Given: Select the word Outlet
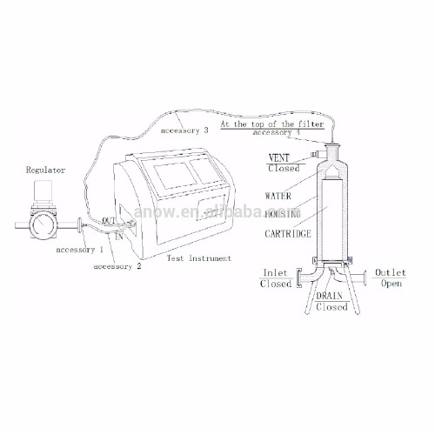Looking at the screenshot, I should (389, 273).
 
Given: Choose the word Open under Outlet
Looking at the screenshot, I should (390, 284).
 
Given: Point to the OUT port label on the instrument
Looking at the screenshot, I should (108, 221).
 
